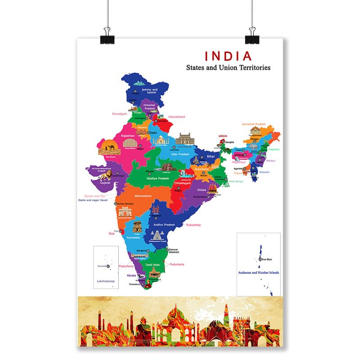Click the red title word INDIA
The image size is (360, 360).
229,56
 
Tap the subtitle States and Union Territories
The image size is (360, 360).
228,68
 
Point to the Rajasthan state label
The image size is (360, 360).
128,135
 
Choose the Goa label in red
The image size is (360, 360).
112,234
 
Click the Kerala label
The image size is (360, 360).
131,275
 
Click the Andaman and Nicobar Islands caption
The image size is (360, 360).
259,273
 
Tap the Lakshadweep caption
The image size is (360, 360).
106,281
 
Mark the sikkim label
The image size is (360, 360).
223,136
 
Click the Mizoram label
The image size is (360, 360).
265,172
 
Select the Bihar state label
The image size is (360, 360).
211,156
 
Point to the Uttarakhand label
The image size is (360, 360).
177,117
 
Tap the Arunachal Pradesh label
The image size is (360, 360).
254,124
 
